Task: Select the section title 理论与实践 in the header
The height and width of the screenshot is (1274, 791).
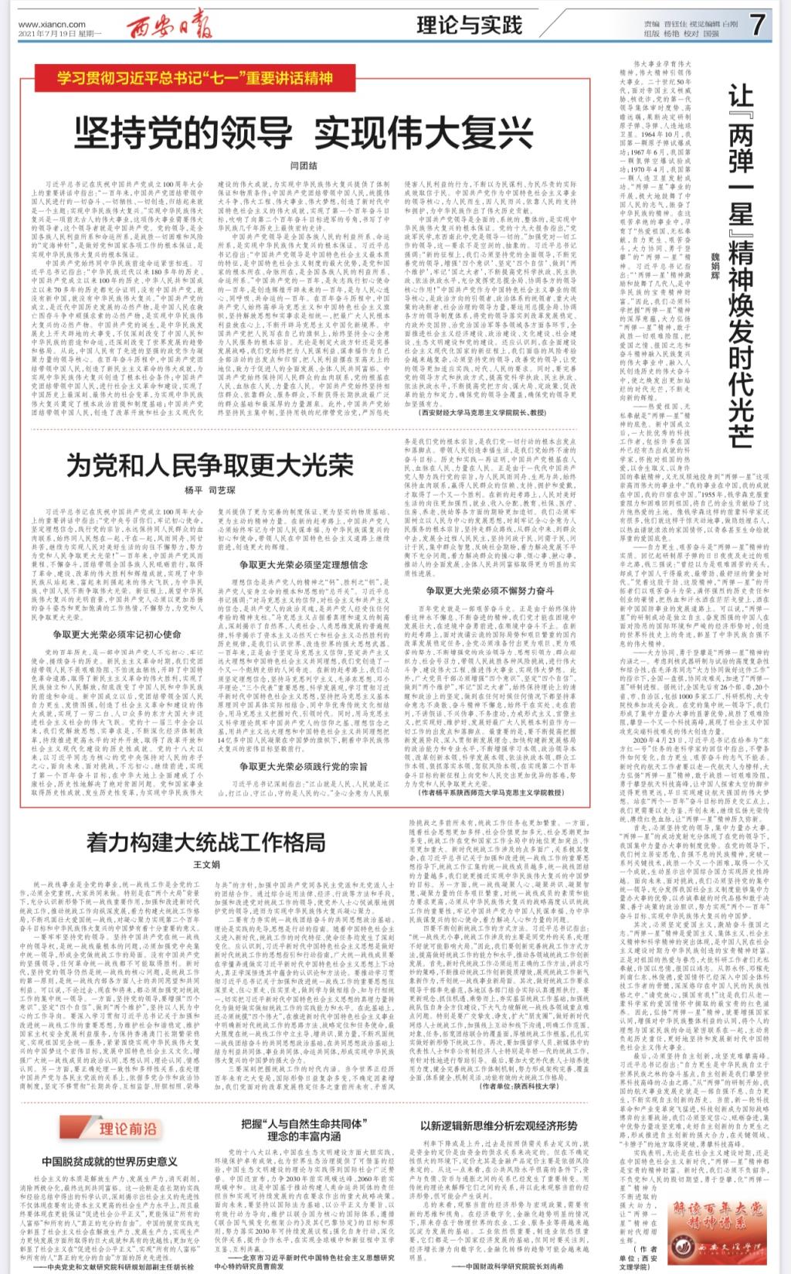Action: [469, 26]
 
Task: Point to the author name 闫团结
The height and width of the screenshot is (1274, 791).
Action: [304, 165]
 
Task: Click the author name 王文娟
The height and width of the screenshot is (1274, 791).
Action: [206, 864]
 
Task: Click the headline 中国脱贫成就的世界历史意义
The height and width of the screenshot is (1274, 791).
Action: [110, 1161]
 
